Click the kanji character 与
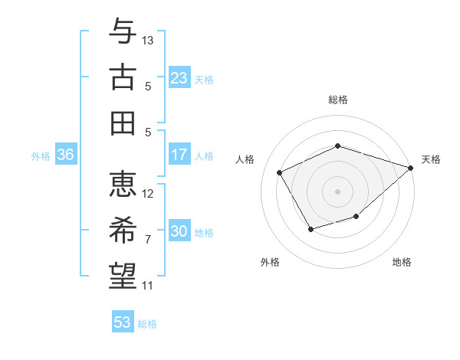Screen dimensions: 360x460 123,32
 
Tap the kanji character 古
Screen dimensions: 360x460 123,77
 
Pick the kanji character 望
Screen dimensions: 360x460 123,275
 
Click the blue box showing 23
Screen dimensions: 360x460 179,77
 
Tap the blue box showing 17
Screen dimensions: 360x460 179,155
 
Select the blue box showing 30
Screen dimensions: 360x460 179,231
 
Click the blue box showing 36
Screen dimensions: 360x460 65,155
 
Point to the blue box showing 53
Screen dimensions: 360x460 123,322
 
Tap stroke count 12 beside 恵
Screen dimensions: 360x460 149,193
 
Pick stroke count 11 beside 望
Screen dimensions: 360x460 148,286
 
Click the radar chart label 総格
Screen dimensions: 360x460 338,100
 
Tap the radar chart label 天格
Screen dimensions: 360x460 431,159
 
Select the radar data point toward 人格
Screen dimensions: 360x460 280,172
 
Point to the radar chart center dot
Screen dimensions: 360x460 338,191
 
